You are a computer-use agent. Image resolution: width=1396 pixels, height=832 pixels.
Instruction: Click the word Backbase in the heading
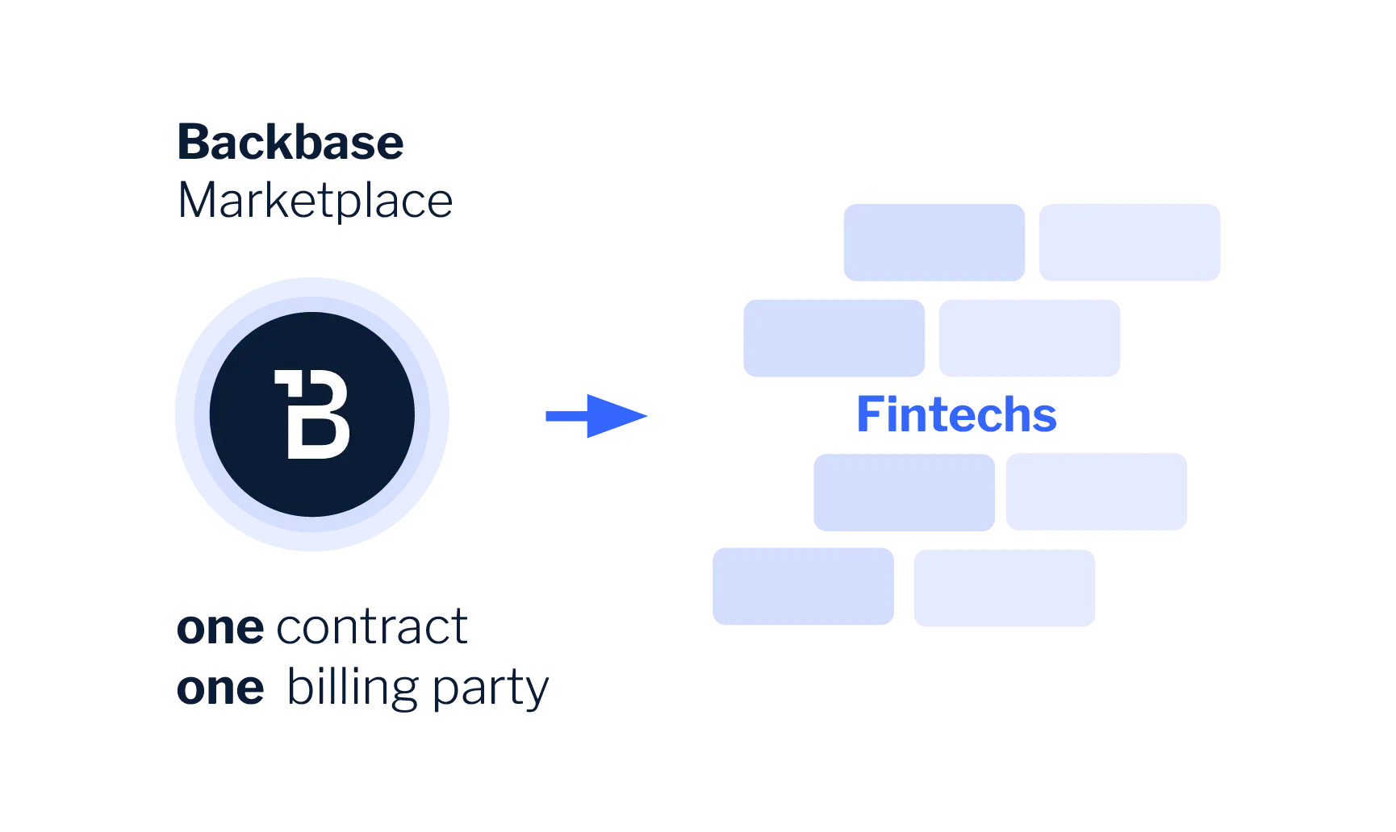(290, 144)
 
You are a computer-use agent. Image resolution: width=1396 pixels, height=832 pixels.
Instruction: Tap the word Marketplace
(315, 201)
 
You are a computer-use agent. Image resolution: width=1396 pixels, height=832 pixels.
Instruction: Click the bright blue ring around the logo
(191, 415)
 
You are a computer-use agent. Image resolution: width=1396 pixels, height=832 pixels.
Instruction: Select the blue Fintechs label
(957, 414)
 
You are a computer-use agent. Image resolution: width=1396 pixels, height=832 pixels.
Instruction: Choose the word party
(491, 692)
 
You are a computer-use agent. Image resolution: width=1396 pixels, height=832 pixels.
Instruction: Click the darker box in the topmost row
(932, 242)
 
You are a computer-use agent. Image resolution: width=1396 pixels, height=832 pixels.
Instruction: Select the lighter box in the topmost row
(1130, 242)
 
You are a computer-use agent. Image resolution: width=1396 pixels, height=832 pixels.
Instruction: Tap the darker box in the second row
(834, 339)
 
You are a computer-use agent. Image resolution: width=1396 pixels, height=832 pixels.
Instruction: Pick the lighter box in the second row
(1030, 339)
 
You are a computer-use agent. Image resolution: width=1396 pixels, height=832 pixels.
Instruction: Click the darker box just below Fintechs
(905, 493)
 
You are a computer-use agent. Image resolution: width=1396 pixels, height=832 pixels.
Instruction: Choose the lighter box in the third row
(1097, 493)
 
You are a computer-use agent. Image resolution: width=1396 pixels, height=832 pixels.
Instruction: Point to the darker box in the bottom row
(804, 585)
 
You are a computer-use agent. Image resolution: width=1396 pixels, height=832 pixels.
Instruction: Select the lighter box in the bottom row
(1003, 589)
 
